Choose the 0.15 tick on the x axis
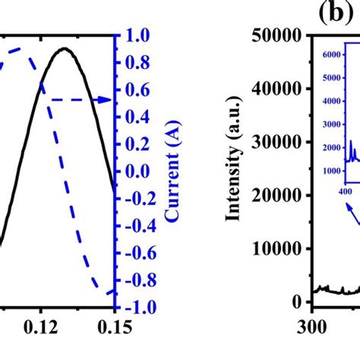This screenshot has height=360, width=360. (113, 330)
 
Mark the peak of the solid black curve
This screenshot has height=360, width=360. (65, 49)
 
